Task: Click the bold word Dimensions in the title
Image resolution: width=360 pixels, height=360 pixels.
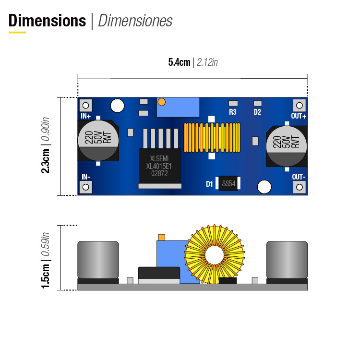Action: [47, 21]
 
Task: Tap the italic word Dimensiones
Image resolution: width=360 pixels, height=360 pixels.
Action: [135, 21]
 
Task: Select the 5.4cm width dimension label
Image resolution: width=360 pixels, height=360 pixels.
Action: [179, 62]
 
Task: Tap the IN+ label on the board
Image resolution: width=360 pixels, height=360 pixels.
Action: [86, 116]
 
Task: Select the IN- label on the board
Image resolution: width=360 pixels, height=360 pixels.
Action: [85, 177]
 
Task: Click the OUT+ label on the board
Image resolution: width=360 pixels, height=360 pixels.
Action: [299, 116]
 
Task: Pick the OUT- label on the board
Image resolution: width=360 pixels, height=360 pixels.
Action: [299, 177]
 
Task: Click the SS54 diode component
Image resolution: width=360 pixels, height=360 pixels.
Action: [228, 183]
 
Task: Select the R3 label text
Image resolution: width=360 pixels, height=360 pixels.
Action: [233, 112]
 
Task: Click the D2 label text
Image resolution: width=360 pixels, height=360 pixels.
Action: [257, 112]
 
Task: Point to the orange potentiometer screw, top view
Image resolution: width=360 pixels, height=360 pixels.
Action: [161, 102]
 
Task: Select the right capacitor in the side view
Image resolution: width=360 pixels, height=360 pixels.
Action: [287, 259]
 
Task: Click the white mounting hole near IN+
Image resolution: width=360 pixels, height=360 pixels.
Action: [117, 106]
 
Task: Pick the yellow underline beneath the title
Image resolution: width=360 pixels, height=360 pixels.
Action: [17, 32]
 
